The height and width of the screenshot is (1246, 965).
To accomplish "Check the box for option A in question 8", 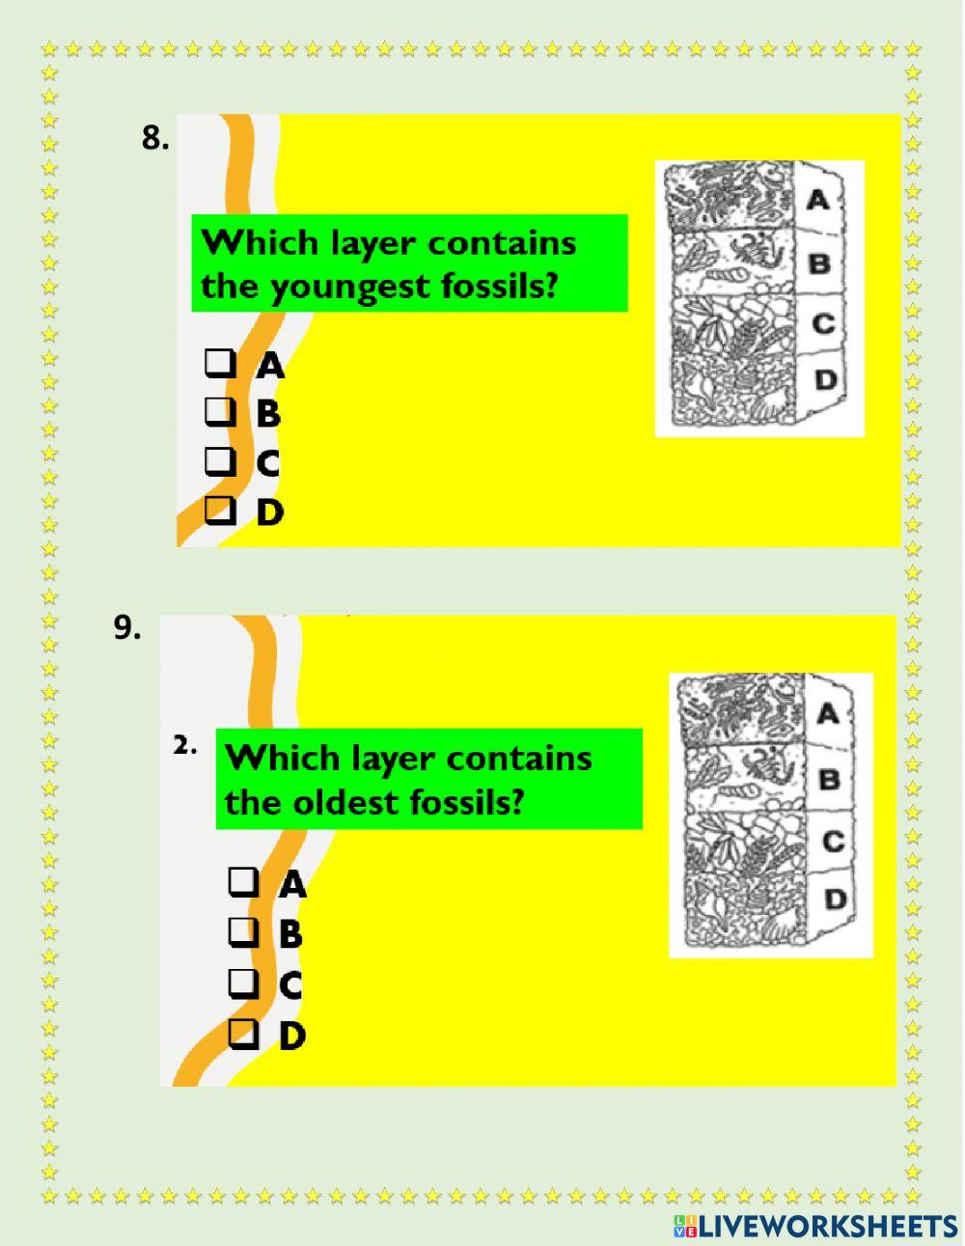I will (x=220, y=364).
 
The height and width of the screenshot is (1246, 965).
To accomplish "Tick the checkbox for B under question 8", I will (x=220, y=412).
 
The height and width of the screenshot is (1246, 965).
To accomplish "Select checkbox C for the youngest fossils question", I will (x=220, y=461).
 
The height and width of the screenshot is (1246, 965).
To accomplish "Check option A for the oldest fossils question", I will (x=244, y=881).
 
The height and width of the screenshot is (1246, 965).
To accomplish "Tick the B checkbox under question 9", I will (x=244, y=932).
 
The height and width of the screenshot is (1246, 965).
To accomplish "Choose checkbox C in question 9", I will (x=244, y=983).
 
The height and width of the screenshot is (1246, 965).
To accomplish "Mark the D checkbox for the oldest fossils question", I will (x=244, y=1034).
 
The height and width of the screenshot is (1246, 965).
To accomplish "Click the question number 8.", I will (x=154, y=138).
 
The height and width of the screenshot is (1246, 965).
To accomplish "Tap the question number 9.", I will (x=126, y=627).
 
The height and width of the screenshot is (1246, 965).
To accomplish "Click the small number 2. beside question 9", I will (x=185, y=745).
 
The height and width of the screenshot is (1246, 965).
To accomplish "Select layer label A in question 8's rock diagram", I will (x=817, y=200).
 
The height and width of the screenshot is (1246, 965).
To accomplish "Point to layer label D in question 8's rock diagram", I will (x=825, y=379).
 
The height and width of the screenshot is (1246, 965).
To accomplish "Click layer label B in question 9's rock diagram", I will (x=829, y=778).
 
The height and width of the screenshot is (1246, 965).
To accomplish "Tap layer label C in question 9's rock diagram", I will (x=833, y=841).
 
